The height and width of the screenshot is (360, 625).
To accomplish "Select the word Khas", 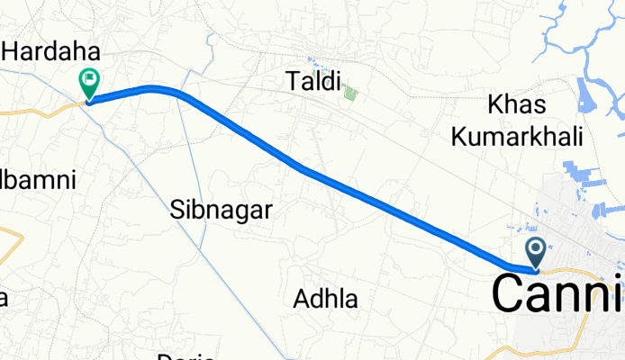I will (x=516, y=104).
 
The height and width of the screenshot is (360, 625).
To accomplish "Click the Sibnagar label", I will (x=221, y=211).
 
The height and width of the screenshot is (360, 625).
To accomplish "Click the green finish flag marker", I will (x=89, y=84).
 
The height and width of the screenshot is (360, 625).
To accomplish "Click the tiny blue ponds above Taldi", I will (x=314, y=64).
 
